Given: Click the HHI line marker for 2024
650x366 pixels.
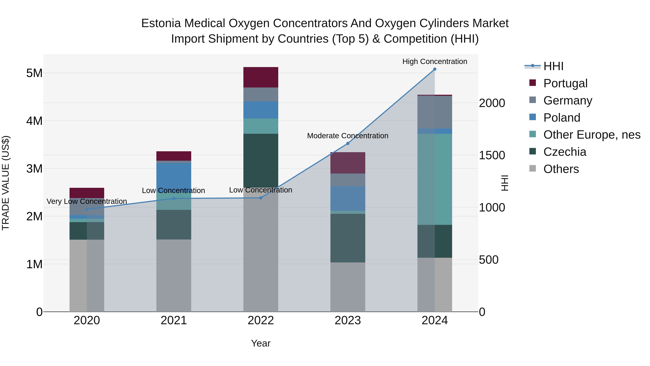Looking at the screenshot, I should point(435,69).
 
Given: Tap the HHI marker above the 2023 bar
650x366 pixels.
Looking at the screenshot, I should point(348,144).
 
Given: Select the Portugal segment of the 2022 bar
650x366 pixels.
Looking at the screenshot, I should point(261,77).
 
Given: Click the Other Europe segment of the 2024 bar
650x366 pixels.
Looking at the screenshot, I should point(435,179).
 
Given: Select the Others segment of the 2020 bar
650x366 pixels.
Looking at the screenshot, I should point(87,275).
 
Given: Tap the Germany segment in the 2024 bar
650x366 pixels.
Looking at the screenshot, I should point(435,112).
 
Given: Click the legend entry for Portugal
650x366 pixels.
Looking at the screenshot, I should point(565,83).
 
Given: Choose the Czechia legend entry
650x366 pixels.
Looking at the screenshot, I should point(564,152).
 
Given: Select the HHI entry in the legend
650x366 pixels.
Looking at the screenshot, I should point(553,66).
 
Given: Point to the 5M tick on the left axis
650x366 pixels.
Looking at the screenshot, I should point(34,73).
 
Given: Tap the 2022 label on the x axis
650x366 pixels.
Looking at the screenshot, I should point(261,320).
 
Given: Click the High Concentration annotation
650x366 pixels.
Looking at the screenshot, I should point(435,61).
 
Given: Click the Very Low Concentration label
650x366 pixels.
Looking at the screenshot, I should point(87,201).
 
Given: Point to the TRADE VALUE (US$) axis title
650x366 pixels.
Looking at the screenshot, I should point(6,183).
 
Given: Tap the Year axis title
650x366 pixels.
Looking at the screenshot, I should point(261,343).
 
